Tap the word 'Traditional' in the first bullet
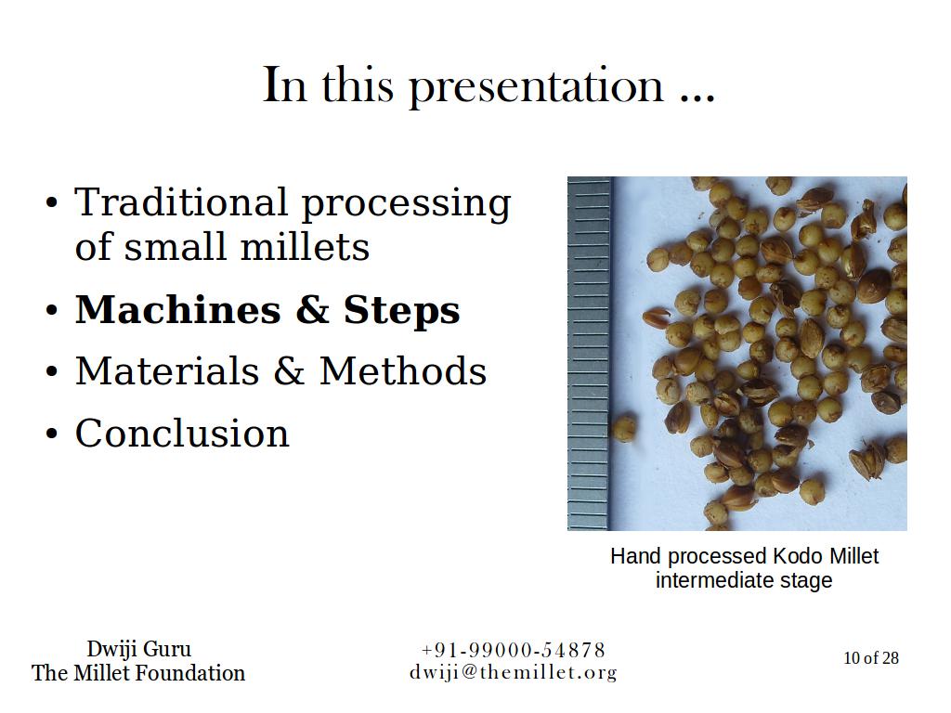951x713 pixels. pyautogui.click(x=181, y=201)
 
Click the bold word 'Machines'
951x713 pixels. pyautogui.click(x=177, y=310)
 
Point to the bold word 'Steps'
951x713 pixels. pyautogui.click(x=401, y=311)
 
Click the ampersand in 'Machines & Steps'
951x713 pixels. pyautogui.click(x=312, y=310)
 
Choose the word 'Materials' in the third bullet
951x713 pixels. pyautogui.click(x=167, y=371)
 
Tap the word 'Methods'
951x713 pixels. pyautogui.click(x=403, y=371)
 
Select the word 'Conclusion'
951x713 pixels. pyautogui.click(x=182, y=433)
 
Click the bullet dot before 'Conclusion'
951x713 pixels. pyautogui.click(x=52, y=434)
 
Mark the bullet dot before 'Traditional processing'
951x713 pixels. pyautogui.click(x=52, y=203)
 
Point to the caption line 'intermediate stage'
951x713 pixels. pyautogui.click(x=744, y=580)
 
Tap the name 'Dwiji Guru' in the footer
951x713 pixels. pyautogui.click(x=139, y=649)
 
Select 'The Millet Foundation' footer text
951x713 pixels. pyautogui.click(x=139, y=673)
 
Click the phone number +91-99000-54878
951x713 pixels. pyautogui.click(x=513, y=650)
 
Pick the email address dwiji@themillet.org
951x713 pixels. pyautogui.click(x=513, y=672)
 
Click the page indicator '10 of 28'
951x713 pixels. pyautogui.click(x=871, y=658)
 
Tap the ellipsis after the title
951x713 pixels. pyautogui.click(x=698, y=99)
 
